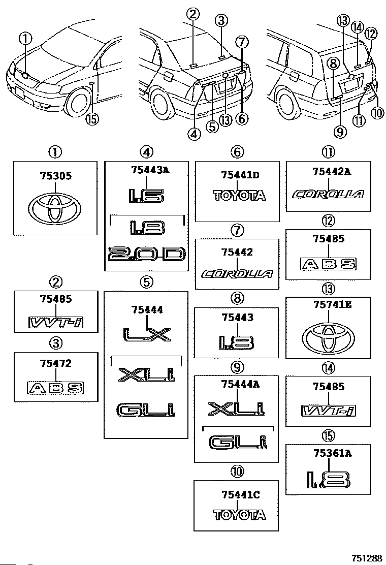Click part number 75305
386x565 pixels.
click(x=56, y=176)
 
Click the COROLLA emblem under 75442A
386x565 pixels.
click(x=329, y=194)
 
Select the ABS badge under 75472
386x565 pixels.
click(x=55, y=388)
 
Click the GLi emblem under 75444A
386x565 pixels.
click(x=238, y=443)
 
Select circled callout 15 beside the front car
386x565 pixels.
click(x=91, y=119)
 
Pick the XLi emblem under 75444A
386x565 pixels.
click(x=238, y=408)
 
